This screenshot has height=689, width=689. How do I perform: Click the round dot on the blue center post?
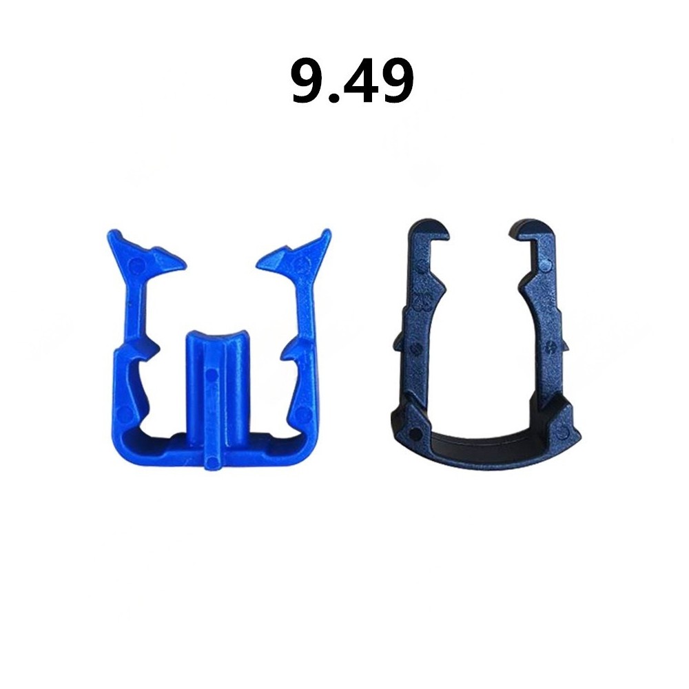pyautogui.click(x=212, y=375)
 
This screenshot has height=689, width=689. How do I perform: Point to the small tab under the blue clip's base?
pyautogui.click(x=212, y=460)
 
